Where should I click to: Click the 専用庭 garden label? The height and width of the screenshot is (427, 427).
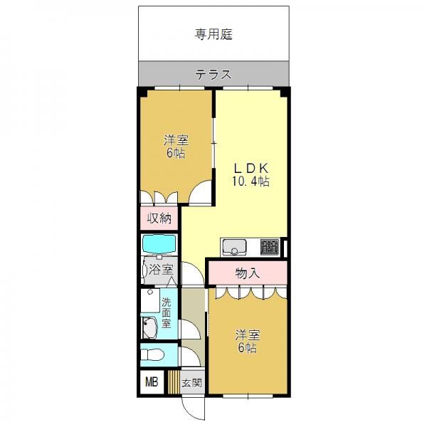click(x=213, y=35)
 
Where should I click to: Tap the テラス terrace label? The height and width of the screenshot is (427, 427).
click(x=213, y=74)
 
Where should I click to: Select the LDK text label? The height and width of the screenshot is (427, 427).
click(x=252, y=169)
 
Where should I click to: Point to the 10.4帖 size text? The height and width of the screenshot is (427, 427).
click(x=251, y=181)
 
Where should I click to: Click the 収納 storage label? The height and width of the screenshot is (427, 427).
click(x=159, y=218)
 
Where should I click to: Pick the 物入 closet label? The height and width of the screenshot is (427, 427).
click(x=247, y=273)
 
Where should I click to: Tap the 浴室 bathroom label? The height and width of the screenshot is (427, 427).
click(x=161, y=270)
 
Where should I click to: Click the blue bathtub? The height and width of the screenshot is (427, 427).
click(x=159, y=244)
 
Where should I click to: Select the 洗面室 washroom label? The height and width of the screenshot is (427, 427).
click(x=166, y=312)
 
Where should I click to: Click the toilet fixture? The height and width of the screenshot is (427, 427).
click(x=152, y=355)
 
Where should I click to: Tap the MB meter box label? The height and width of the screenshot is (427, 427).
click(x=152, y=382)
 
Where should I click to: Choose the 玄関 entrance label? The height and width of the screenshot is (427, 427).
click(x=192, y=383)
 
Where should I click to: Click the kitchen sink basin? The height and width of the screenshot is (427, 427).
click(x=234, y=247)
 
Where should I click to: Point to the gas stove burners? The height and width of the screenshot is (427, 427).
click(x=270, y=247)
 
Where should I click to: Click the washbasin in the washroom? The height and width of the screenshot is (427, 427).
click(x=149, y=328)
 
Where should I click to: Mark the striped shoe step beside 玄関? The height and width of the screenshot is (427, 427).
click(x=174, y=381)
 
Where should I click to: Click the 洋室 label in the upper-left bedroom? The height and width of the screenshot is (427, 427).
click(x=176, y=141)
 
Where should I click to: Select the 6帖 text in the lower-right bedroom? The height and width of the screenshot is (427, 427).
click(x=247, y=348)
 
